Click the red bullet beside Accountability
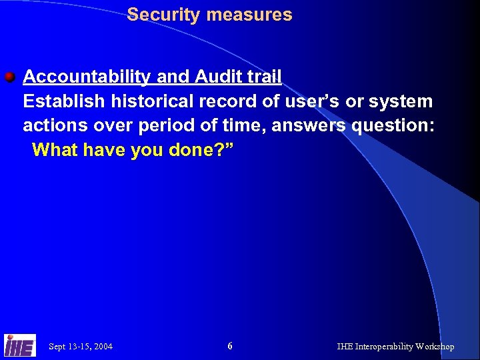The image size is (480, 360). [9, 77]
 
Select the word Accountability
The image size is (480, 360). [87, 77]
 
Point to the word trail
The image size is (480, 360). [263, 77]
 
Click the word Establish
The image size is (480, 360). [64, 102]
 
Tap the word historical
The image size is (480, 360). [150, 102]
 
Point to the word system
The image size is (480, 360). [399, 102]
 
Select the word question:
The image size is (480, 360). [394, 126]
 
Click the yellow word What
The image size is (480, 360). [55, 150]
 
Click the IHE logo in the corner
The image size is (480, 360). [19, 345]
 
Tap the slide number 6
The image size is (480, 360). [230, 346]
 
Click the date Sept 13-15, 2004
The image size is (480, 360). [81, 347]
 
